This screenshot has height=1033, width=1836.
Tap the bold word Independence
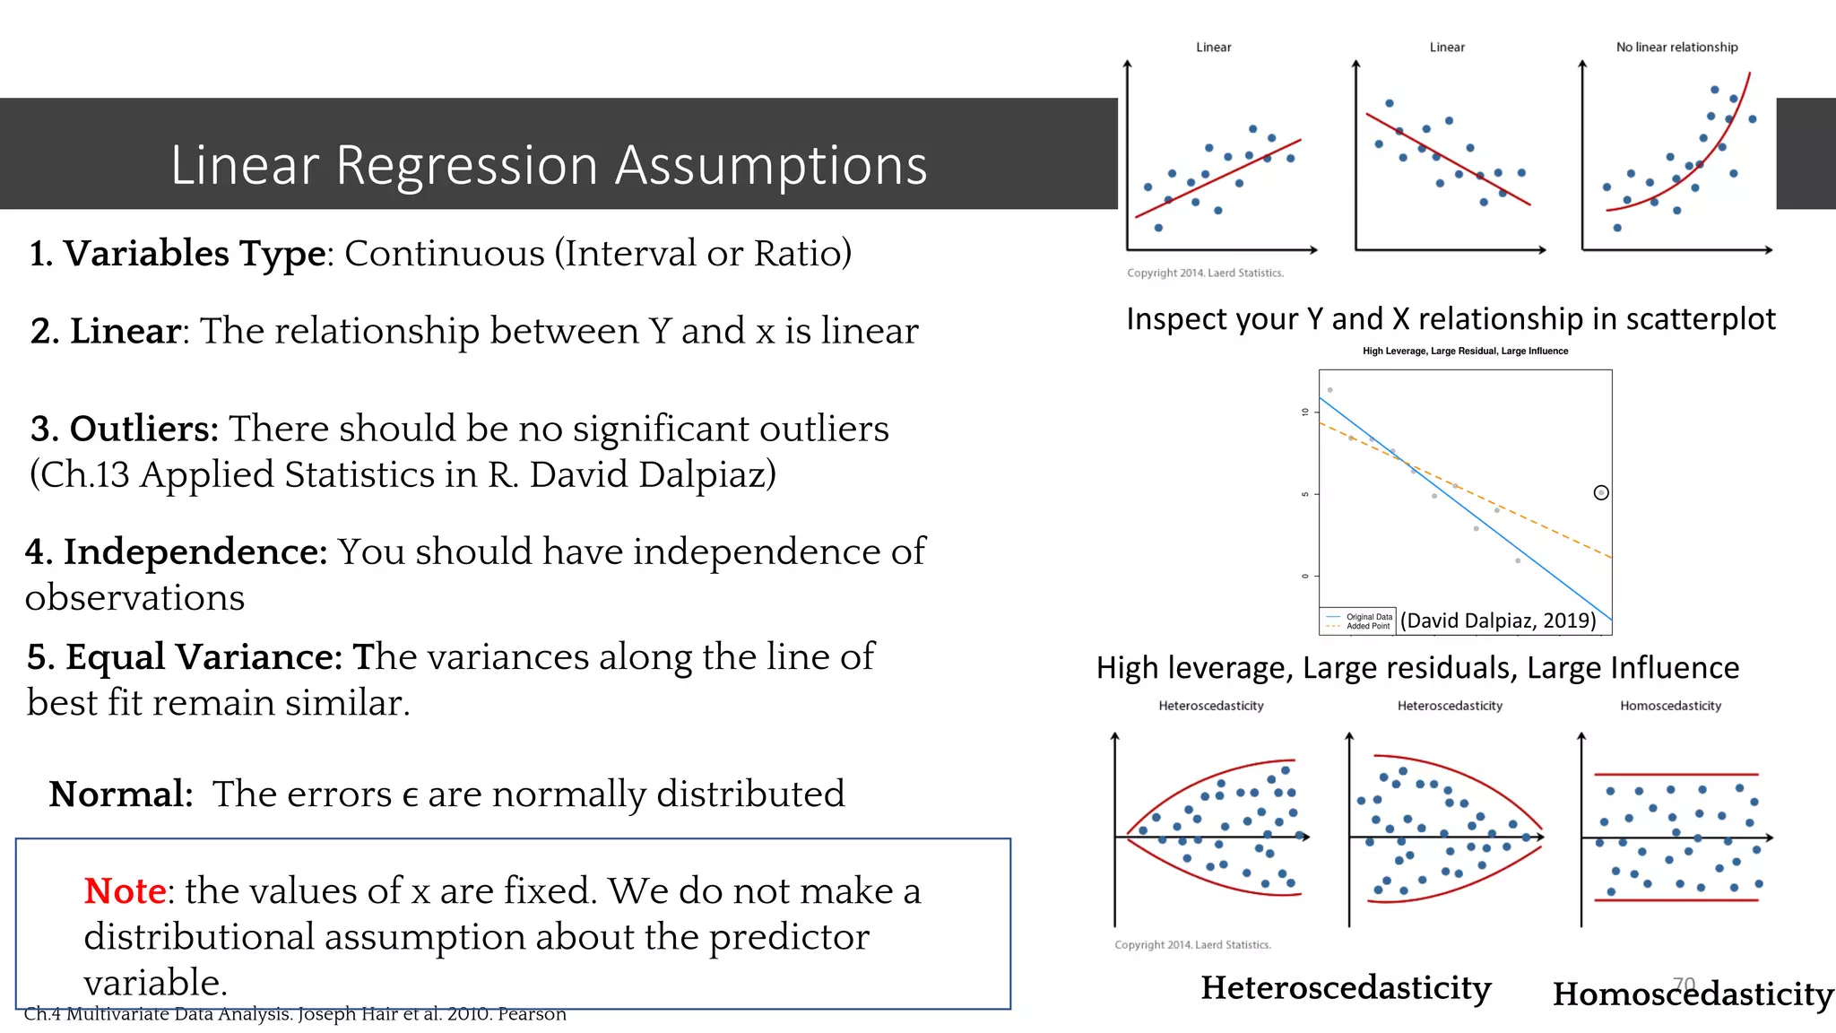pos(195,551)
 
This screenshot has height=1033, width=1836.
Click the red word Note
pos(125,891)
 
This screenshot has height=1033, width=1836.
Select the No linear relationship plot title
pos(1676,48)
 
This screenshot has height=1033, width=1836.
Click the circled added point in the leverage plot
pos(1601,492)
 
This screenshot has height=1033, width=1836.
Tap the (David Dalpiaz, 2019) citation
pos(1498,621)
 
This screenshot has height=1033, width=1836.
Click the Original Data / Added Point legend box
pos(1358,621)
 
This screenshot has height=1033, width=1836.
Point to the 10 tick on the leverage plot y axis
pos(1305,412)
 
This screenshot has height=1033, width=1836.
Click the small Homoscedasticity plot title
pos(1670,706)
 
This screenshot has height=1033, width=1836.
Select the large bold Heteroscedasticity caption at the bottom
pos(1346,987)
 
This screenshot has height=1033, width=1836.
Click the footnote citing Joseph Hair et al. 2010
pos(295,1014)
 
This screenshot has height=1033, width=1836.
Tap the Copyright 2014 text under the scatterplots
pos(1205,273)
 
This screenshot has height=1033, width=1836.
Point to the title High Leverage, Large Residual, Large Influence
pos(1465,351)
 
